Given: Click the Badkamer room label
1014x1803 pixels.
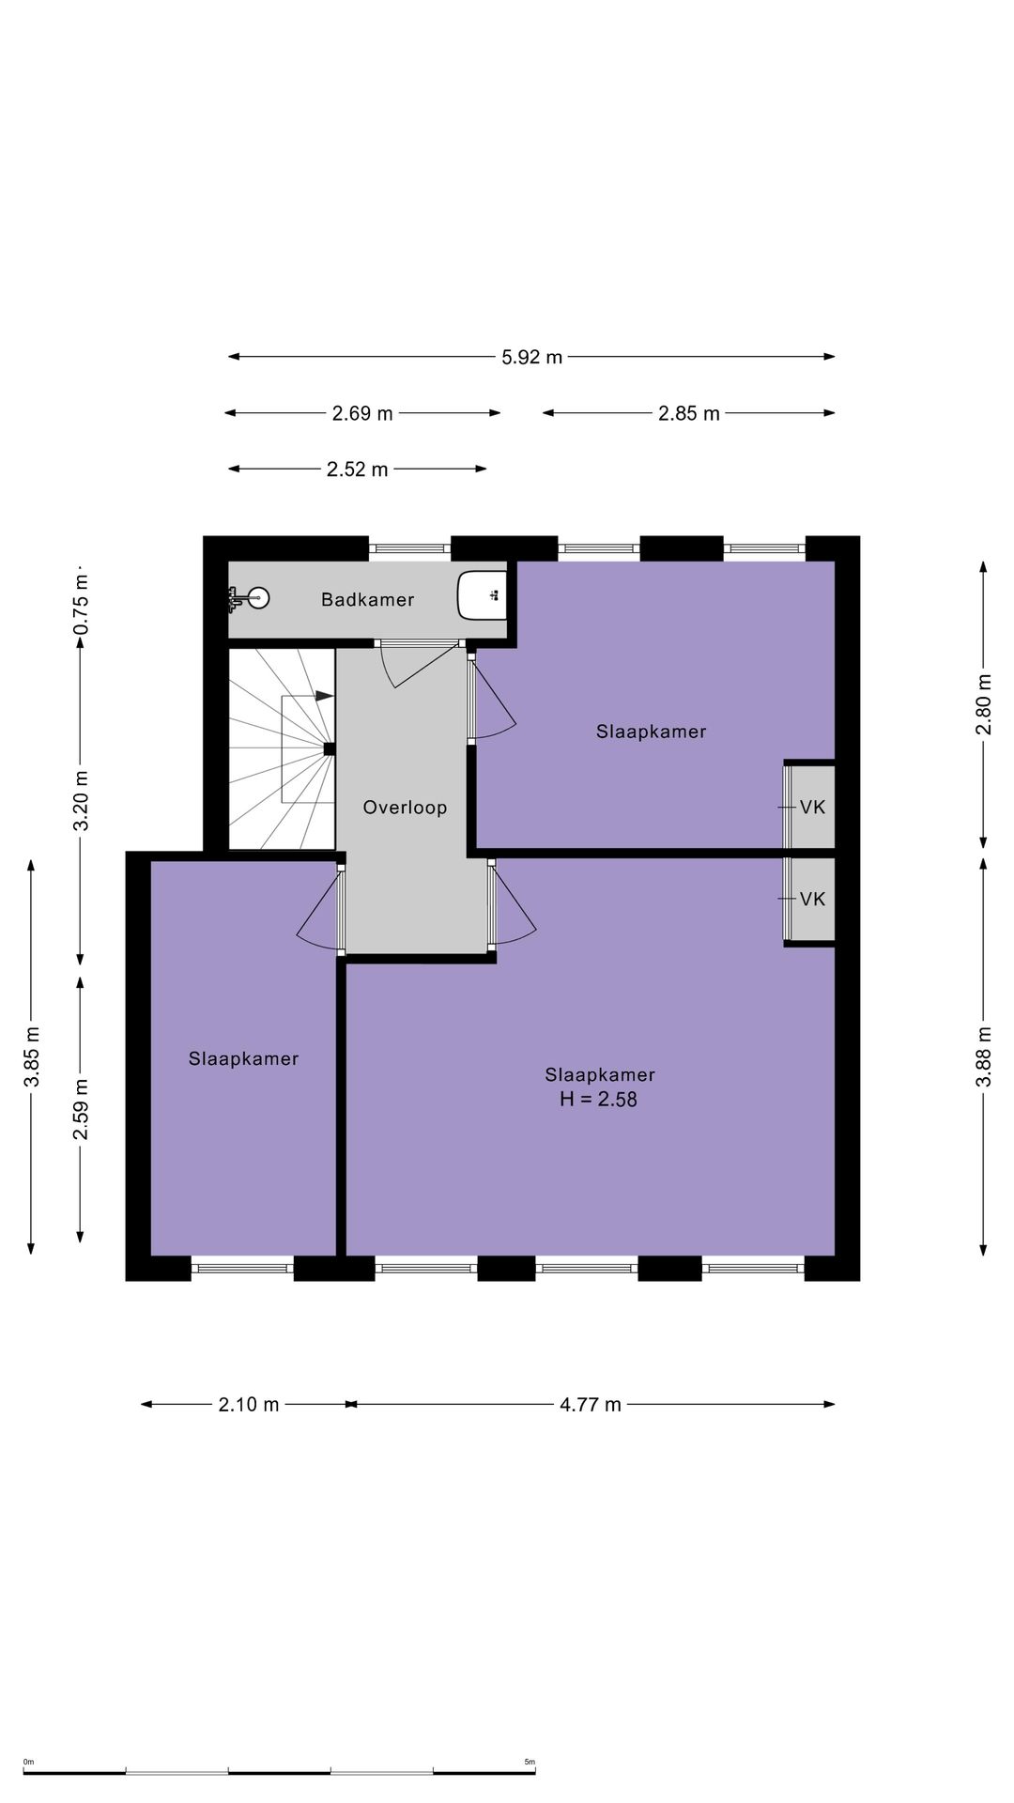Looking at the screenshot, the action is click(x=367, y=599).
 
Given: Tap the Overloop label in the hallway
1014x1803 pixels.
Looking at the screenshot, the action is click(x=405, y=807).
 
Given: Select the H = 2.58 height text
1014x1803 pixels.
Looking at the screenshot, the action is click(x=598, y=1099).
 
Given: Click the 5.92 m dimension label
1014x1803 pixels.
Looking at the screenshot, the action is click(x=531, y=357).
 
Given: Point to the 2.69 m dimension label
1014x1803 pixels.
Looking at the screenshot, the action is click(x=362, y=413).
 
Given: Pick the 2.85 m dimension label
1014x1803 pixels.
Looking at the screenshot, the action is click(x=689, y=413).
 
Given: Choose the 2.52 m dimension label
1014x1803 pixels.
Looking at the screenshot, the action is click(x=357, y=470).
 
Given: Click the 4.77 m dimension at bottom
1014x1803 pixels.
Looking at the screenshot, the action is click(x=591, y=1405).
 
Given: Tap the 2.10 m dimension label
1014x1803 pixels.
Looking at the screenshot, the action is click(x=249, y=1405).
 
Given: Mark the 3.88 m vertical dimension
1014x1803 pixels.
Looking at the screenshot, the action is click(x=984, y=1056).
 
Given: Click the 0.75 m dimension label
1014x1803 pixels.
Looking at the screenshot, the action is click(x=81, y=603).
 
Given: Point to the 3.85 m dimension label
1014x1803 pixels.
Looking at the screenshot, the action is click(x=32, y=1056).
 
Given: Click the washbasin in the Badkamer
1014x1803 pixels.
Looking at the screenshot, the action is click(x=482, y=595).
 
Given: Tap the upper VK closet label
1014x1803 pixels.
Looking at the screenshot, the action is click(x=812, y=807).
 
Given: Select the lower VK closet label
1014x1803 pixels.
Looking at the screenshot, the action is click(x=812, y=899).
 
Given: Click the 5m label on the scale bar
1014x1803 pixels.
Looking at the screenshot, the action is click(x=529, y=1762).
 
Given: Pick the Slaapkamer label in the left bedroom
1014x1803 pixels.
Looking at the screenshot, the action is click(x=243, y=1058).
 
